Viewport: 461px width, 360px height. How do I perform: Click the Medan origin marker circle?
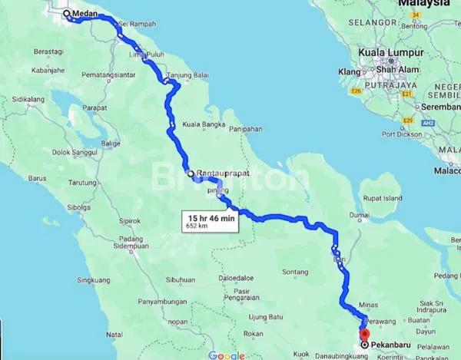(66, 13)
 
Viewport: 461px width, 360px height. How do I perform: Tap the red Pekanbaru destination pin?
(364, 335)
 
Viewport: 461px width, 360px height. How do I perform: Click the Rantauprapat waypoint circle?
(191, 174)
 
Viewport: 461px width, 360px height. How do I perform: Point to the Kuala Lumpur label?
(391, 52)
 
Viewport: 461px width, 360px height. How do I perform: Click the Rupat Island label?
(383, 198)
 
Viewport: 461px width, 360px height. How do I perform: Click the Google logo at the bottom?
(226, 355)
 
